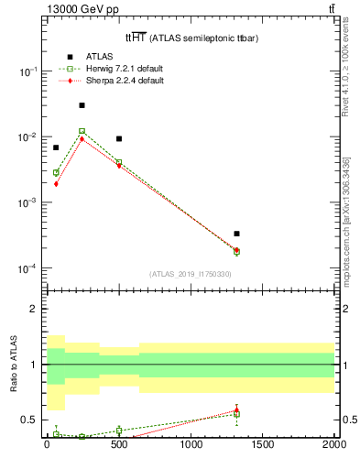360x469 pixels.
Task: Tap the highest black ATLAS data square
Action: (82, 105)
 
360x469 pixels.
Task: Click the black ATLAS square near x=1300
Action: (236, 234)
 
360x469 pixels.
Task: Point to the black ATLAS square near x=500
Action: (119, 138)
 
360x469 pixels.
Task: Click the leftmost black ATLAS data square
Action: (56, 147)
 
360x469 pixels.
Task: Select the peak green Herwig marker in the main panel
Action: (82, 131)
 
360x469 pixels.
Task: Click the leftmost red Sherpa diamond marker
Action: (56, 183)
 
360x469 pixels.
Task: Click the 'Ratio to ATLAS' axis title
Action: (14, 364)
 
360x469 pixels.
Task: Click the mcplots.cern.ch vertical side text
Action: (349, 211)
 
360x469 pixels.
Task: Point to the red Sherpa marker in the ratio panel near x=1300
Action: (236, 410)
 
